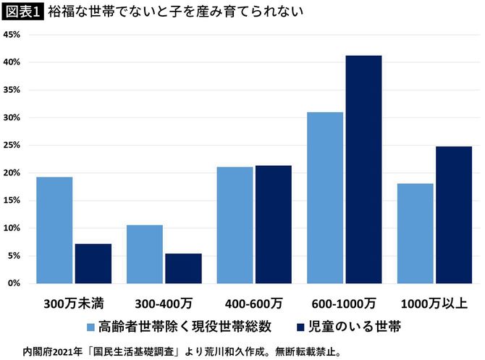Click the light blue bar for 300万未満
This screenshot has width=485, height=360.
54,230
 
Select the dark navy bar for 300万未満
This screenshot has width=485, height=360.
93,264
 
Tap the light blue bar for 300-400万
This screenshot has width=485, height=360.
145,254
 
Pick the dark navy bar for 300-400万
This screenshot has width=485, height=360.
183,268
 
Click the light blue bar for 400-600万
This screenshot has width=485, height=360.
235,225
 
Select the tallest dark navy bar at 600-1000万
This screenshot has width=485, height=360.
363,169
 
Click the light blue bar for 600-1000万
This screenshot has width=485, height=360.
325,197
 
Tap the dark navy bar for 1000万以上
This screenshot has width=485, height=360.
454,214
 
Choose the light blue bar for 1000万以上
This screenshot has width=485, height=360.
415,233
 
